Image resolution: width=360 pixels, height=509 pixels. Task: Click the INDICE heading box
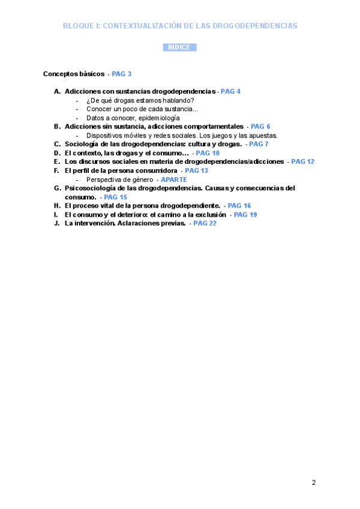(x=179, y=47)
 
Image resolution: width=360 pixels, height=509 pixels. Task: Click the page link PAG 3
(x=122, y=74)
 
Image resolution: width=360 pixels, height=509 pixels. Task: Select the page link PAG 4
(x=230, y=91)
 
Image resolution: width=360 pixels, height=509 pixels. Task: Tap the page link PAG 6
(x=260, y=127)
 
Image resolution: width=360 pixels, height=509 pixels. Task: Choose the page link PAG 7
(x=259, y=144)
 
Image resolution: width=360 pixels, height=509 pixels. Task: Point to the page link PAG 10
(x=208, y=153)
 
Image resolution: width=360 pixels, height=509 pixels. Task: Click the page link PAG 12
(x=302, y=161)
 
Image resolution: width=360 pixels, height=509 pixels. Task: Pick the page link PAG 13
(x=196, y=170)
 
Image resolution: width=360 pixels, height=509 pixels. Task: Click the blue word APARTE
(x=174, y=179)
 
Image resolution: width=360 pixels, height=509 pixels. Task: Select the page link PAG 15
(x=115, y=197)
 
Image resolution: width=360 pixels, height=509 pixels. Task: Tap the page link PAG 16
(x=239, y=205)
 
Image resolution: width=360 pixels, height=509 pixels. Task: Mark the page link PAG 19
(x=245, y=214)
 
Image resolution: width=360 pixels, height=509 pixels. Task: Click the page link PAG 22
(x=205, y=223)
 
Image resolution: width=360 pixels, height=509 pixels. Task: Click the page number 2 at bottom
(x=313, y=483)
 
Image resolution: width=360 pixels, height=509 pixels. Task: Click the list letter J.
(x=56, y=223)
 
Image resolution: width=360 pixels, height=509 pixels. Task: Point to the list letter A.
(x=56, y=91)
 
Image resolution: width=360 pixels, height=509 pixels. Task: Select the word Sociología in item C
(x=82, y=144)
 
